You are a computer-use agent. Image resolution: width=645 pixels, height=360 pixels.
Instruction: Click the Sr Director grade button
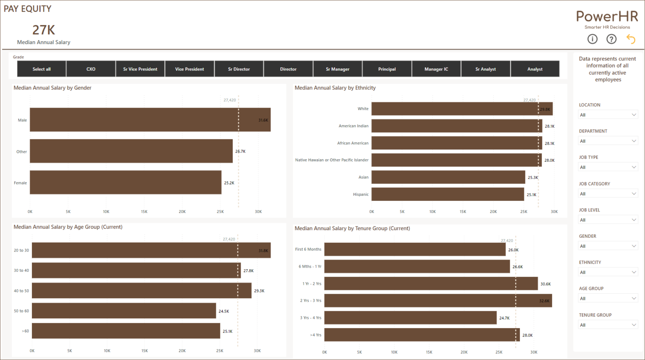coord(239,69)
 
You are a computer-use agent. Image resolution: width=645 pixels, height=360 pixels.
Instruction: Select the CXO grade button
coord(91,69)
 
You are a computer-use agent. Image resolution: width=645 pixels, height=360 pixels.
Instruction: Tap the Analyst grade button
coord(535,69)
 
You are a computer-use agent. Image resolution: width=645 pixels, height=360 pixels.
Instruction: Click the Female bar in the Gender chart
coord(125,182)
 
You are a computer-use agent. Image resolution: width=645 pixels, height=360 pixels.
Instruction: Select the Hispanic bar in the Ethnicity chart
coord(447,194)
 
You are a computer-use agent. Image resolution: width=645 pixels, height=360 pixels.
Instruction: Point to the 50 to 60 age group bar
coord(123,311)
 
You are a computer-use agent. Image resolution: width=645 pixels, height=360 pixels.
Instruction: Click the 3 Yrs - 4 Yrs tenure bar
coord(410,318)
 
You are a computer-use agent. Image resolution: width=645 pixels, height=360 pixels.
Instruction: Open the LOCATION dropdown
coord(608,115)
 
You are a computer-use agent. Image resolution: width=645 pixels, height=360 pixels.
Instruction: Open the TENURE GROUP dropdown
coord(608,325)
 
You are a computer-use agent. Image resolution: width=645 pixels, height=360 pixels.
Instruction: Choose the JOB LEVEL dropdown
coord(608,220)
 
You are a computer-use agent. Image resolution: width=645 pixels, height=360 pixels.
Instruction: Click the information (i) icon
coord(592,39)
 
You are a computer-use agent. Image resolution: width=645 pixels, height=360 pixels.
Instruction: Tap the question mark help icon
coord(611,39)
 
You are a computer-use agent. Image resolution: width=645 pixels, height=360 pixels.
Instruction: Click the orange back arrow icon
coord(631,39)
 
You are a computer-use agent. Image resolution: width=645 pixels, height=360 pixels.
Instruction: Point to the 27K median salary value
coord(44,30)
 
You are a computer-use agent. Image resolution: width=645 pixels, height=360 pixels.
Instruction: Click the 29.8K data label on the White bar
coord(545,109)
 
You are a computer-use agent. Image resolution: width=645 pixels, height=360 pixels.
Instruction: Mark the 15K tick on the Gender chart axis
coord(144,212)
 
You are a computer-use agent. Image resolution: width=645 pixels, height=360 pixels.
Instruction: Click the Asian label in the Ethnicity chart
coord(363,177)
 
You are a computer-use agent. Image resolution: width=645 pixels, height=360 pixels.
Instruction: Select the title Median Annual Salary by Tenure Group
coord(352,229)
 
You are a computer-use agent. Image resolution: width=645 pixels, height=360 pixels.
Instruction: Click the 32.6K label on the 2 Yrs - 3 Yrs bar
coord(544,301)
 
